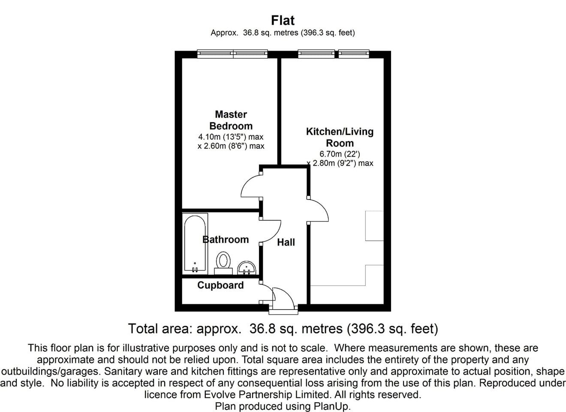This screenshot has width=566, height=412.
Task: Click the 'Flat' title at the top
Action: (283, 20)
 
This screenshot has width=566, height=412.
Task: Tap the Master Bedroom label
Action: (231, 120)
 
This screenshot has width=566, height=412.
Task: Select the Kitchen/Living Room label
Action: (340, 137)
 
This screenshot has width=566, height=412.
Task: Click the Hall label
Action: (286, 242)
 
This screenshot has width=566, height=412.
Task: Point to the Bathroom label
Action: (226, 239)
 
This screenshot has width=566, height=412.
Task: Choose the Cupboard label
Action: (220, 285)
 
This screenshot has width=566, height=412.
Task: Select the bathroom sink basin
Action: (247, 268)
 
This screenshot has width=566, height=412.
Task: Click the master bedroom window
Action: (232, 54)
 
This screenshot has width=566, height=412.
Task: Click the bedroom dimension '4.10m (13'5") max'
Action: (231, 137)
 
